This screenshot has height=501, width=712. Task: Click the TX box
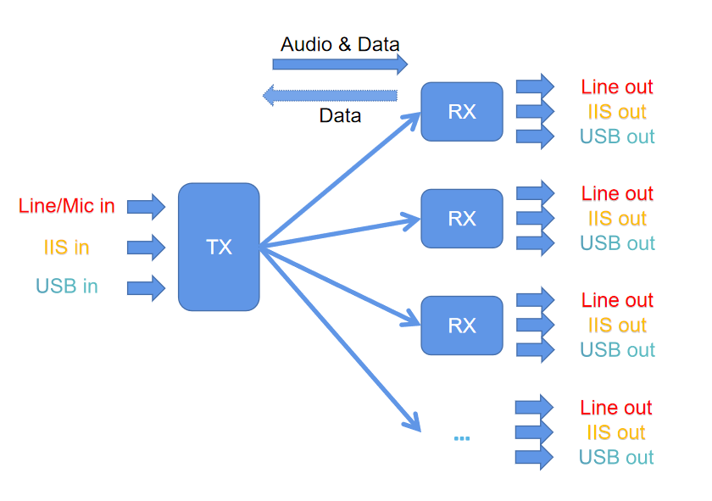[219, 247]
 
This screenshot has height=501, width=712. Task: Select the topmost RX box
[462, 111]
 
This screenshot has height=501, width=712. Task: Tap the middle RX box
[462, 219]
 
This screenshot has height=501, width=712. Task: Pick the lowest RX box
[462, 326]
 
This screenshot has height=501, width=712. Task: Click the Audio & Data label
[340, 44]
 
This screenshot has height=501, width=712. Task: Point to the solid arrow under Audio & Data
[340, 64]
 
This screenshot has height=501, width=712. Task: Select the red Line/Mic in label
[67, 205]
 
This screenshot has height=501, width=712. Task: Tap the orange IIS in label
[67, 248]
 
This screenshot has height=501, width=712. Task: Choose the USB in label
[67, 287]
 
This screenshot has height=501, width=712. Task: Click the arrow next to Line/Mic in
[146, 205]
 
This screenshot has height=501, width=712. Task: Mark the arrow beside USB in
[146, 287]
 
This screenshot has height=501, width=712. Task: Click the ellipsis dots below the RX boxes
[462, 438]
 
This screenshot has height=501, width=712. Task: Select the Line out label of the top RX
[617, 86]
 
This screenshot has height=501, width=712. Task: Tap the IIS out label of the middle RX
[617, 219]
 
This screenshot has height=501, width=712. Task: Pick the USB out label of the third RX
[617, 349]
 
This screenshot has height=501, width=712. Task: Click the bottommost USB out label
[616, 458]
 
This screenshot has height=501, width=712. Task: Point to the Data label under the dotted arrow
[340, 115]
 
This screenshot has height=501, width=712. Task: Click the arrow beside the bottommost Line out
[535, 407]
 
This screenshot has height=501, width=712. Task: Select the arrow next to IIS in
[146, 248]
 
